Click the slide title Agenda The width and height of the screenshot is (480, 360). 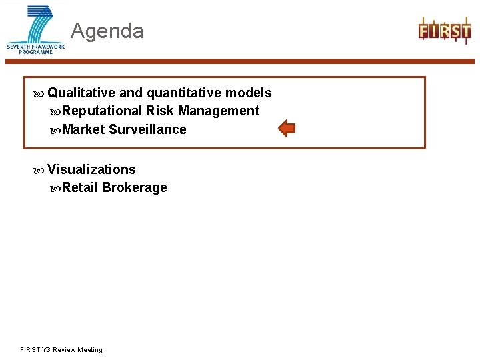(x=107, y=31)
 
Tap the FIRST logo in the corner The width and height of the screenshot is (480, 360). (x=444, y=30)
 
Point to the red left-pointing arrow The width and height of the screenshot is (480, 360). (x=286, y=128)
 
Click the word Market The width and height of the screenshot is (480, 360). (x=83, y=129)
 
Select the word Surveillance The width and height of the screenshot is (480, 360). (x=147, y=129)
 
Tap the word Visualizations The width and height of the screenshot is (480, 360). (x=91, y=169)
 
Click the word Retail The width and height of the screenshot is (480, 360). (x=80, y=187)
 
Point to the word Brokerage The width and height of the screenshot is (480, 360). (x=134, y=187)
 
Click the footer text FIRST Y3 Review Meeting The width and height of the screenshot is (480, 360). (x=61, y=349)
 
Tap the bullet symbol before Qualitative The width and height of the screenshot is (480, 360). (x=40, y=93)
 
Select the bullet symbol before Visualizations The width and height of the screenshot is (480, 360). (x=40, y=170)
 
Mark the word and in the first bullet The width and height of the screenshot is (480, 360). (x=131, y=93)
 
